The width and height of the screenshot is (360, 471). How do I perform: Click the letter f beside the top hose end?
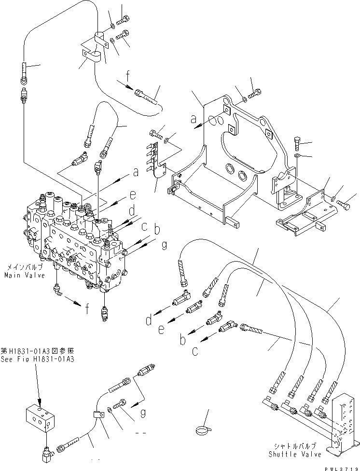pyautogui.click(x=127, y=75)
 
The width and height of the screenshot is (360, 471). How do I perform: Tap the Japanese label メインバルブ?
pyautogui.click(x=24, y=267)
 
